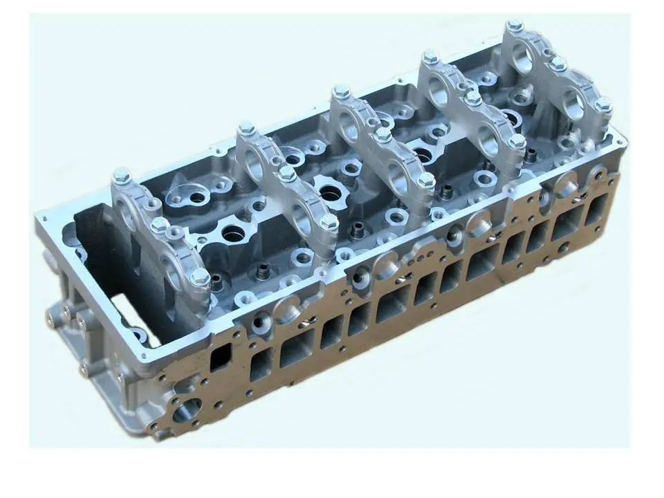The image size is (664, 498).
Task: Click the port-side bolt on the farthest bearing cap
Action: point(603,104)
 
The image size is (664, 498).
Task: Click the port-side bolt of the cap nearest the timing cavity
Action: point(200,277)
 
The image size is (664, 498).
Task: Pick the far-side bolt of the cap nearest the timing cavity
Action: point(121,174)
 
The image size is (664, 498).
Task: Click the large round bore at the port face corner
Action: point(187,409)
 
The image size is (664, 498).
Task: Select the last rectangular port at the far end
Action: point(597,208)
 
